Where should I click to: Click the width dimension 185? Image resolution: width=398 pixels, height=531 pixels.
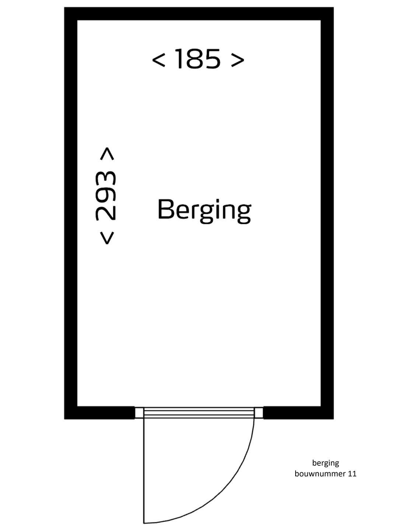(198, 59)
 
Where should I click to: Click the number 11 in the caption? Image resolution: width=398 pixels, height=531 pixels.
(352, 473)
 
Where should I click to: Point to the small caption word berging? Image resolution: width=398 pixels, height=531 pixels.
(325, 463)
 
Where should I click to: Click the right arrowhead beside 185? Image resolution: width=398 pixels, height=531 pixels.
(238, 59)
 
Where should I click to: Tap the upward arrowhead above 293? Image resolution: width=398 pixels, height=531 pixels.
(107, 153)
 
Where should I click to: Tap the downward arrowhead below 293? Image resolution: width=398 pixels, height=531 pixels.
(107, 237)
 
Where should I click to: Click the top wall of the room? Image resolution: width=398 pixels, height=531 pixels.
(199, 14)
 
